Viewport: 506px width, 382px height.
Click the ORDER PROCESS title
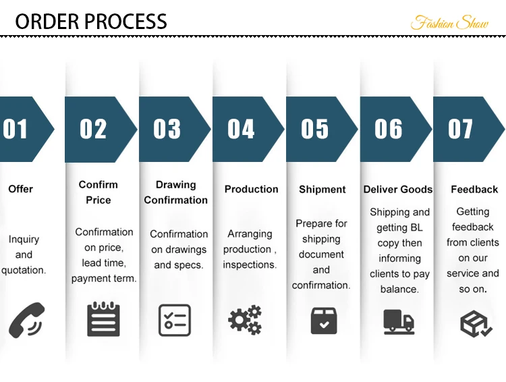[x=91, y=21]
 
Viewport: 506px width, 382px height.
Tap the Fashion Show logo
[x=449, y=22]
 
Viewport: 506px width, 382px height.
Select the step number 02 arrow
[x=99, y=129]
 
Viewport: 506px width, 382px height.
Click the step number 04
[x=241, y=129]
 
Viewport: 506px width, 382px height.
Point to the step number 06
[x=389, y=129]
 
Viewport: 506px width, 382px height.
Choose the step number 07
[x=461, y=129]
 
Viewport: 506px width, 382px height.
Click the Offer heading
[x=20, y=189]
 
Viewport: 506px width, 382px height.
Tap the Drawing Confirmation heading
[x=175, y=192]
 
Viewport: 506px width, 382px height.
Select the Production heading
[x=251, y=190]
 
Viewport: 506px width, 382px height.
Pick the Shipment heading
[x=322, y=190]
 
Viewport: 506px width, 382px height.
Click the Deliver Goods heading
[x=398, y=190]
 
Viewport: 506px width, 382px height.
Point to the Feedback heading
[x=474, y=190]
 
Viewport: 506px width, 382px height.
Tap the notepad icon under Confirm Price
[x=103, y=319]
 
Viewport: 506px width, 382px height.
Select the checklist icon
[x=175, y=320]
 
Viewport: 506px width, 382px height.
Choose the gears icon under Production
[x=245, y=320]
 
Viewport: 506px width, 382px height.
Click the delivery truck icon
[x=399, y=321]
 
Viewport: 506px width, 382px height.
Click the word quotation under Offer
[x=23, y=271]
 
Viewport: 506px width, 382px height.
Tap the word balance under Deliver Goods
[x=399, y=290]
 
